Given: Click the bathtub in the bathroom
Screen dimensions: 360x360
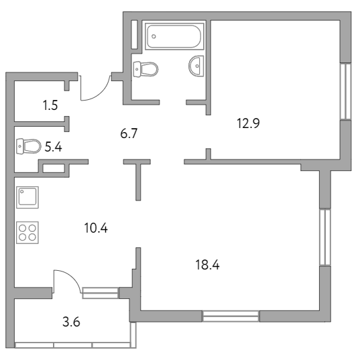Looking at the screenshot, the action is click(x=174, y=36).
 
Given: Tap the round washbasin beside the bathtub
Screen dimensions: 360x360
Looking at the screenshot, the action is click(x=196, y=66).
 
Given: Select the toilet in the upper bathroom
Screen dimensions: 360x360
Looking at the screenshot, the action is click(x=145, y=69).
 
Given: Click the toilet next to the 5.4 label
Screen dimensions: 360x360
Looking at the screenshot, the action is click(x=29, y=146).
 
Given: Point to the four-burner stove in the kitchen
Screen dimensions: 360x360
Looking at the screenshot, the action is click(x=27, y=233).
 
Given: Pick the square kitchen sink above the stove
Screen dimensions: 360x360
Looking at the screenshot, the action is click(x=27, y=197).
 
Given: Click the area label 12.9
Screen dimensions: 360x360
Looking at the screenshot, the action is click(x=248, y=123).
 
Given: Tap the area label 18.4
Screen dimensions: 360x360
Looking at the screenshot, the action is click(x=207, y=265).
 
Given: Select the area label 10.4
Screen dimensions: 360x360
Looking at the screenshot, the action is click(x=96, y=228).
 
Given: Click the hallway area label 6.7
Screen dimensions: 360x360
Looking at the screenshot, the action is click(x=129, y=133).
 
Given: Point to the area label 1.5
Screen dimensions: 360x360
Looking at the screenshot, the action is click(x=50, y=105).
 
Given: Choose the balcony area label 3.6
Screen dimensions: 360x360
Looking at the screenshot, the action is click(x=71, y=322).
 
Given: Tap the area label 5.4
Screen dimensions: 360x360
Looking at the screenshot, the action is click(x=53, y=147).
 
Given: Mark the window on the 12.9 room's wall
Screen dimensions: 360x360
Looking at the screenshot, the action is click(x=345, y=91).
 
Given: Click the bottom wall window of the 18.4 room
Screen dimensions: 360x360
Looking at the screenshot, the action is click(x=231, y=316).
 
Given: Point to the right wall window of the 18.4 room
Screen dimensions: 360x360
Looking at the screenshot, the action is click(x=325, y=237).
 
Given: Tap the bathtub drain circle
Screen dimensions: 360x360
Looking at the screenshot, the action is click(x=154, y=36).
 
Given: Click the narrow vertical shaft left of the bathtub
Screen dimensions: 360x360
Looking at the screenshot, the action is click(x=134, y=35).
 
